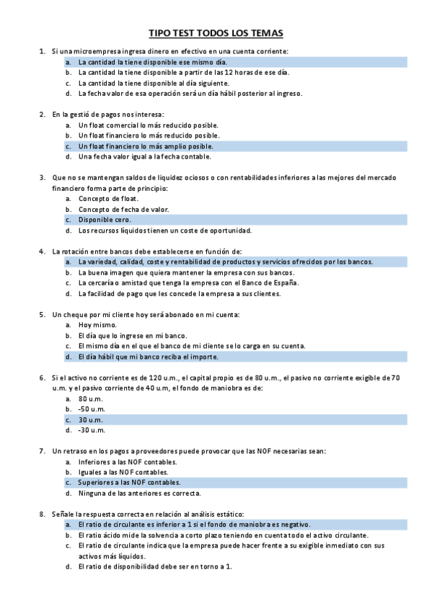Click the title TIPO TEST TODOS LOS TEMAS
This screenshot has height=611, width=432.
216,33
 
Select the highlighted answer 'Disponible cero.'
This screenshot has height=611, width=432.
105,220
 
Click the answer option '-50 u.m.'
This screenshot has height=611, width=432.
92,409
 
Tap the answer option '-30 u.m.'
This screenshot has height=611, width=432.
92,430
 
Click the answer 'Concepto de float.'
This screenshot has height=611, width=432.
108,198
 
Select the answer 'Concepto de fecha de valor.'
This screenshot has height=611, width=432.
123,209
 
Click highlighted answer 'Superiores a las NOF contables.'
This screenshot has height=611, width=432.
129,482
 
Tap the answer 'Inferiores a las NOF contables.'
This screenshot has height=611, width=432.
128,461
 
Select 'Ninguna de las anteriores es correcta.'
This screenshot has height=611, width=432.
139,494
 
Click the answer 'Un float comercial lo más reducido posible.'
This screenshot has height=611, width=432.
148,125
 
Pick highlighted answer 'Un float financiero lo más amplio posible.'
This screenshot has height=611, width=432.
146,146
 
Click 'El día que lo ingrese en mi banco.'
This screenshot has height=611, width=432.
133,336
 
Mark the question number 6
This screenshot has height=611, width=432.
41,378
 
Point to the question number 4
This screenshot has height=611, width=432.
41,251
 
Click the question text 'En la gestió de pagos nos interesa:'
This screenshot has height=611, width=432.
108,114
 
